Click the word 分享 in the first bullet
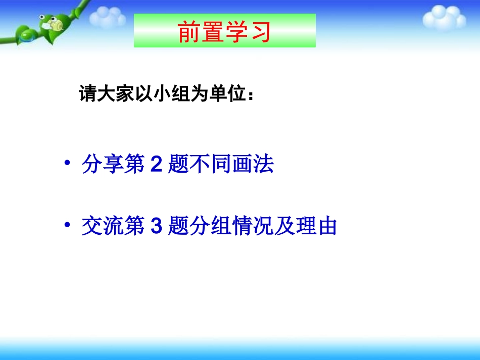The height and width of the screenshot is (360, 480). [x=103, y=165]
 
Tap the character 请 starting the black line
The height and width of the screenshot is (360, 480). [x=87, y=94]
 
